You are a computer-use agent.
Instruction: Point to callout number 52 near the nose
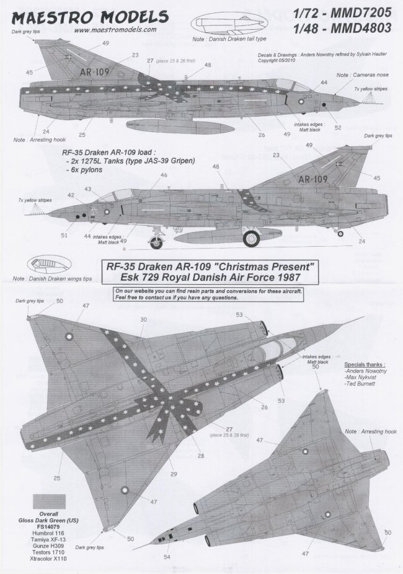[x=337, y=127]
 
